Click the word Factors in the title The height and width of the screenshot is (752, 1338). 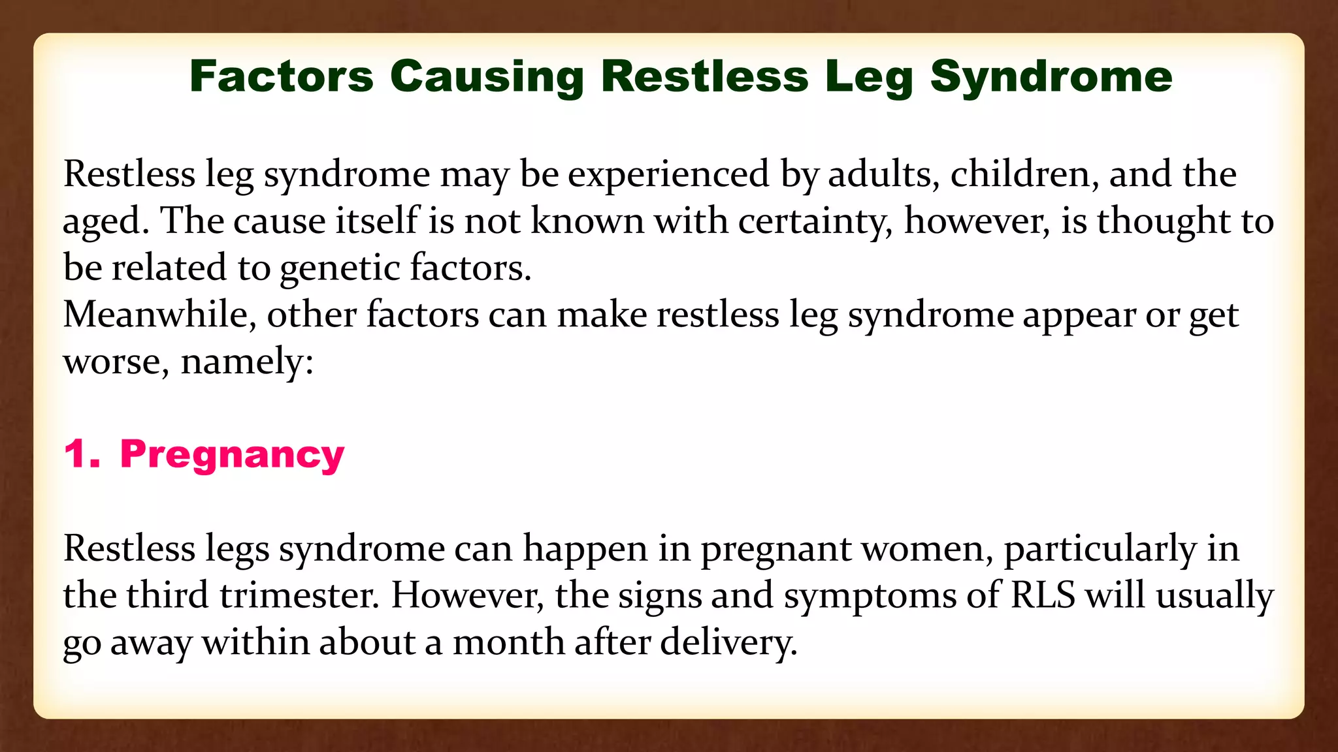[281, 76]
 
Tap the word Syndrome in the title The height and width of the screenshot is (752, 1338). [1051, 76]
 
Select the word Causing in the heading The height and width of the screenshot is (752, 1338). [487, 76]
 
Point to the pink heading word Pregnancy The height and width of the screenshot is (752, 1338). [232, 455]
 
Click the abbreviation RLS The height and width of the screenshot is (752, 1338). [1043, 595]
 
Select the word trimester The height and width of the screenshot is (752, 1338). [299, 595]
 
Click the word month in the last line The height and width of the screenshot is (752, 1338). [508, 642]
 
